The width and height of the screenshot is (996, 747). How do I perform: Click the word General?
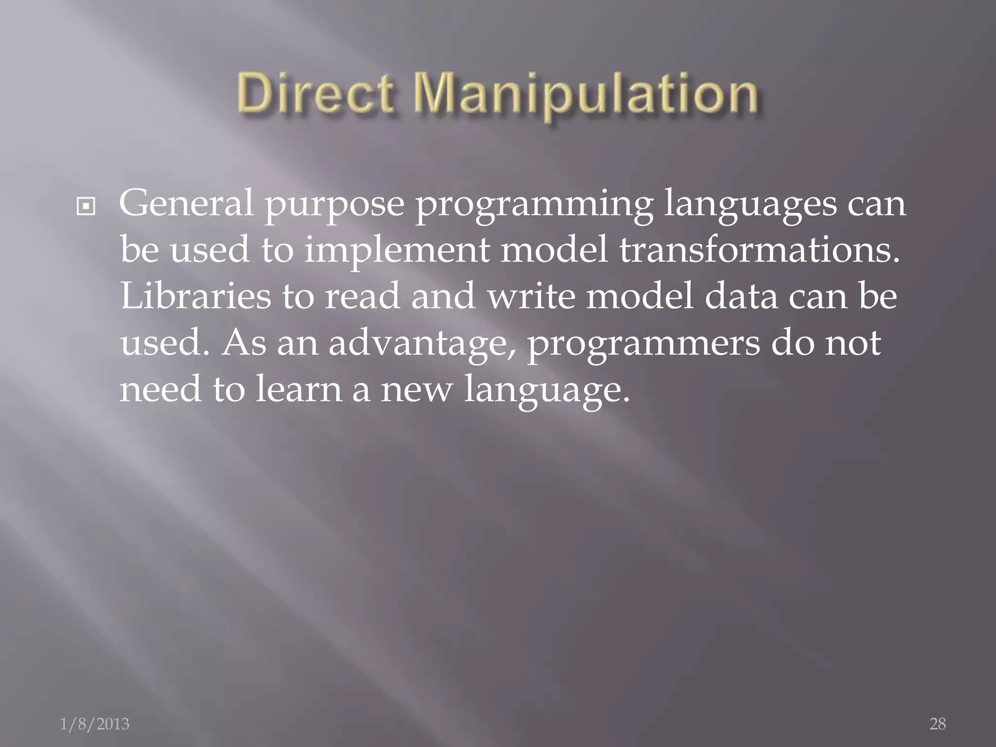pyautogui.click(x=186, y=203)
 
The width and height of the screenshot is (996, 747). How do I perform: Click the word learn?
pyautogui.click(x=299, y=389)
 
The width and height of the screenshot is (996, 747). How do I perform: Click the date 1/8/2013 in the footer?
pyautogui.click(x=94, y=724)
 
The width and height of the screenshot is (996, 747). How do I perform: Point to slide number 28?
pyautogui.click(x=938, y=724)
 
